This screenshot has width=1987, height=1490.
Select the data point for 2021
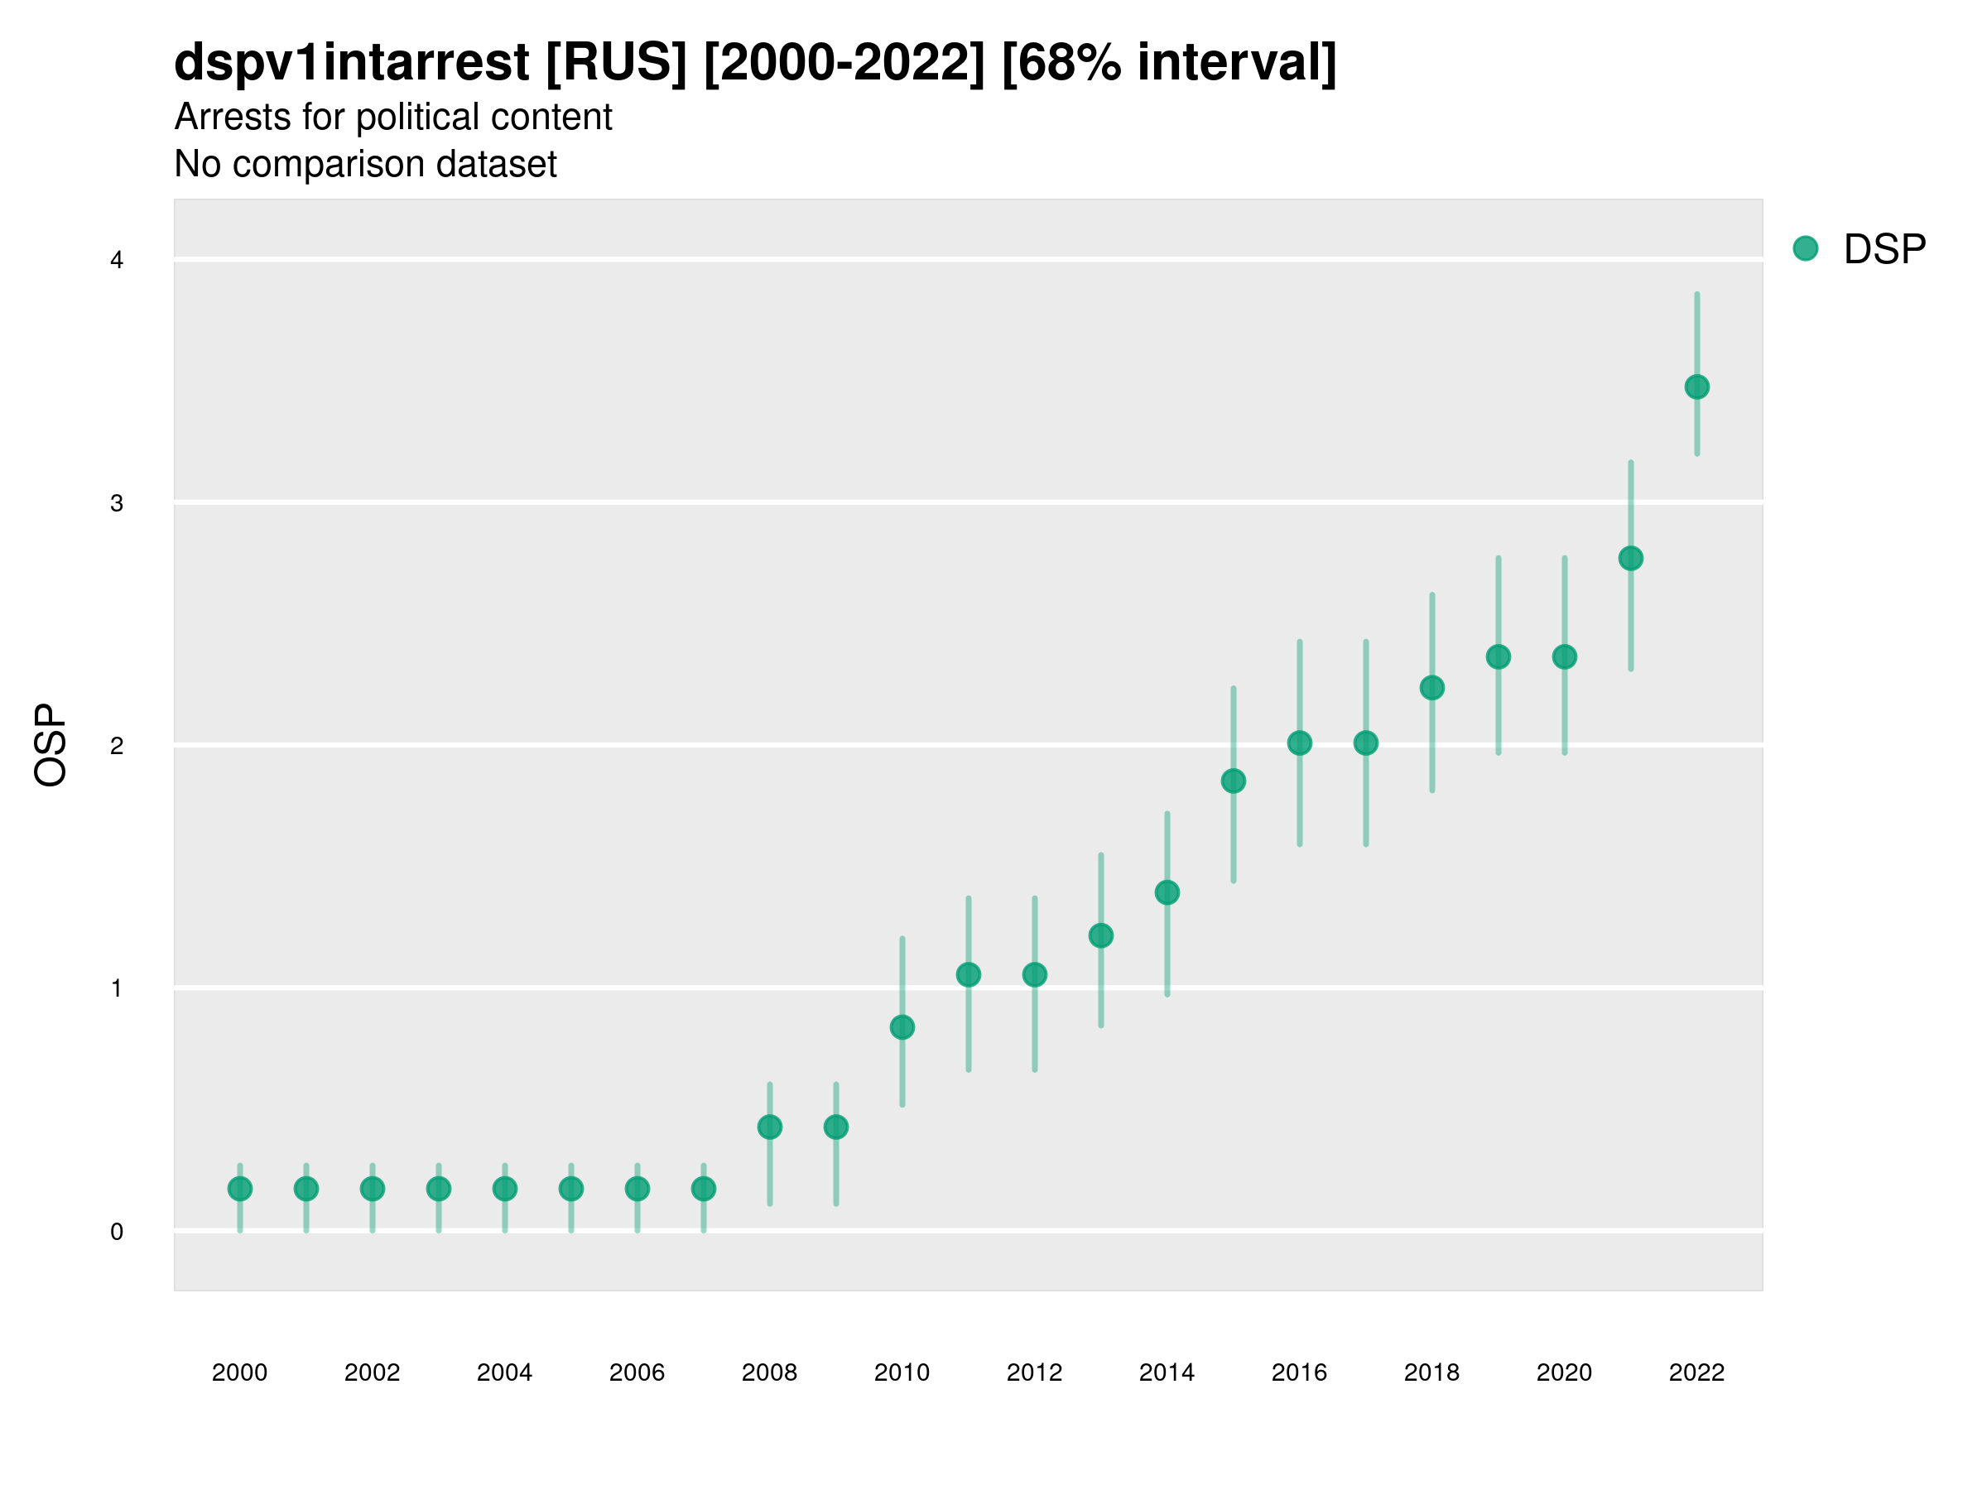[x=1630, y=559]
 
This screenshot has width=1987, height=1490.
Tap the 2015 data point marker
[x=1234, y=781]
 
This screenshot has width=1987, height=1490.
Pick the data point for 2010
[x=902, y=1027]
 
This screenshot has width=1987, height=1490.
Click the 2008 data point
[x=770, y=1127]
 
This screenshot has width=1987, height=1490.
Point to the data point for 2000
[x=240, y=1190]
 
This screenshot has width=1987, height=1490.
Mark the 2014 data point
[x=1167, y=892]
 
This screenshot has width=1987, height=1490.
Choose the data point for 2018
[x=1431, y=688]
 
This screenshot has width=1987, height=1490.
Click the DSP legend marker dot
[x=1805, y=249]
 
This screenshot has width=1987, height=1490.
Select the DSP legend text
[x=1884, y=250]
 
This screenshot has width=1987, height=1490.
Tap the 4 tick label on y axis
[x=117, y=261]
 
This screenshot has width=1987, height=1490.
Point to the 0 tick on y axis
[x=117, y=1232]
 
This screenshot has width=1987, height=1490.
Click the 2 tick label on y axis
[x=117, y=746]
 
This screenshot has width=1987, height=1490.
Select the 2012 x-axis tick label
[x=1034, y=1372]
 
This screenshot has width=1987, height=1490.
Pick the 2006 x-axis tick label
[x=637, y=1372]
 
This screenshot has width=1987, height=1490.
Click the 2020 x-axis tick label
[x=1564, y=1372]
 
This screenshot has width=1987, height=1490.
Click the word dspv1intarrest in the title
[x=351, y=62]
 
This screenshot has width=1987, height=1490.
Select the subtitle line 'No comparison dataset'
[x=366, y=165]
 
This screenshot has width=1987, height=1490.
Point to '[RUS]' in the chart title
[x=616, y=62]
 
